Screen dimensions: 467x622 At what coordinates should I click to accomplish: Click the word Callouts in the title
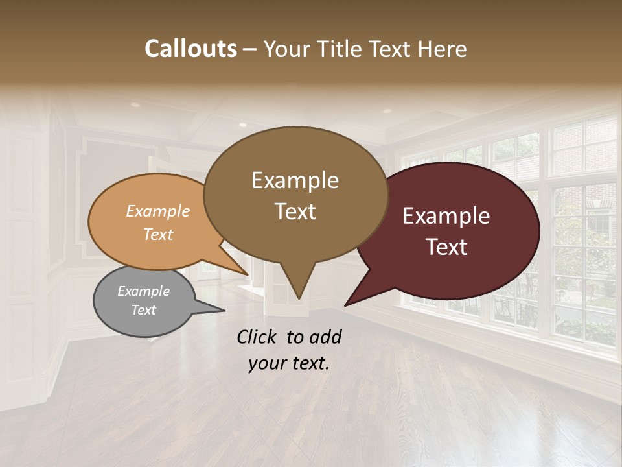coord(190,49)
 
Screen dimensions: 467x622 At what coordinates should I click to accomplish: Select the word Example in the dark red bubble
coord(446,216)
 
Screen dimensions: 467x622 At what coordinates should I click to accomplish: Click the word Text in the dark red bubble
coord(446,247)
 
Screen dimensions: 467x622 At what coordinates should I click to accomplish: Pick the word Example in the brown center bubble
coord(295,180)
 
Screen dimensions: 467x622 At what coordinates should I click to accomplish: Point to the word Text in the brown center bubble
coord(295,211)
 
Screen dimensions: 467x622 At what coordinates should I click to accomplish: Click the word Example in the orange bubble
coord(158,211)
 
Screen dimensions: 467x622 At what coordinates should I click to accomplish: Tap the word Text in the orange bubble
coord(158,234)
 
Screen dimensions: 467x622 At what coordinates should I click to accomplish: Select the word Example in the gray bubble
coord(143,291)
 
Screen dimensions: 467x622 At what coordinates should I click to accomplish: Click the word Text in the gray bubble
coord(143,310)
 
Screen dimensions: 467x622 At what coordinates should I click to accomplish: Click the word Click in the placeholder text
coord(257,337)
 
